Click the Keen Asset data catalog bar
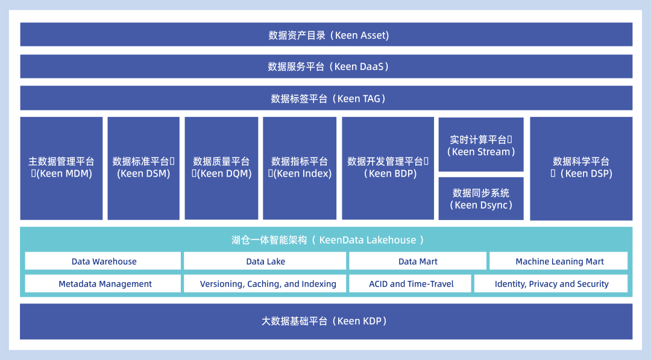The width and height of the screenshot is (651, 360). [x=326, y=35]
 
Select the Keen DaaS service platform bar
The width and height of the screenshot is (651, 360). [x=326, y=66]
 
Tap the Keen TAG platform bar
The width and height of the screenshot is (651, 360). [x=326, y=98]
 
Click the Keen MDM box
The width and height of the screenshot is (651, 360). [x=61, y=168]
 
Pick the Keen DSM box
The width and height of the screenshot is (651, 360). [x=143, y=168]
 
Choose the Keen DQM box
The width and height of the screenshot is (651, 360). [x=221, y=168]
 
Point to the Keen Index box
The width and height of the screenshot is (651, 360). [x=300, y=168]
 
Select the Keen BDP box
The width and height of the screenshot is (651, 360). [x=388, y=168]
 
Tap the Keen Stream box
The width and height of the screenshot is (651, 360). [x=481, y=145]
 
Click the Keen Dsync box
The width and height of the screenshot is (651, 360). [x=481, y=198]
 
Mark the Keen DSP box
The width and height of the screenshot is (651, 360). [x=581, y=168]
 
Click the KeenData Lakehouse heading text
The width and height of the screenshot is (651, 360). [x=327, y=240]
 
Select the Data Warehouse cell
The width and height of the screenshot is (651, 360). [x=104, y=262]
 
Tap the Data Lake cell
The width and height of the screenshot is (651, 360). [x=265, y=262]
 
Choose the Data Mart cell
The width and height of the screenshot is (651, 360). [x=418, y=262]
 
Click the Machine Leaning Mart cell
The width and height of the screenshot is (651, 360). [x=559, y=262]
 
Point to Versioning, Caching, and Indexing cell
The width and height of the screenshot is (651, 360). [x=268, y=284]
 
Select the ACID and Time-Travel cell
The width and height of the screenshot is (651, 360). [x=411, y=284]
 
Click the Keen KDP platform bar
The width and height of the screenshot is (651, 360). [x=326, y=321]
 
